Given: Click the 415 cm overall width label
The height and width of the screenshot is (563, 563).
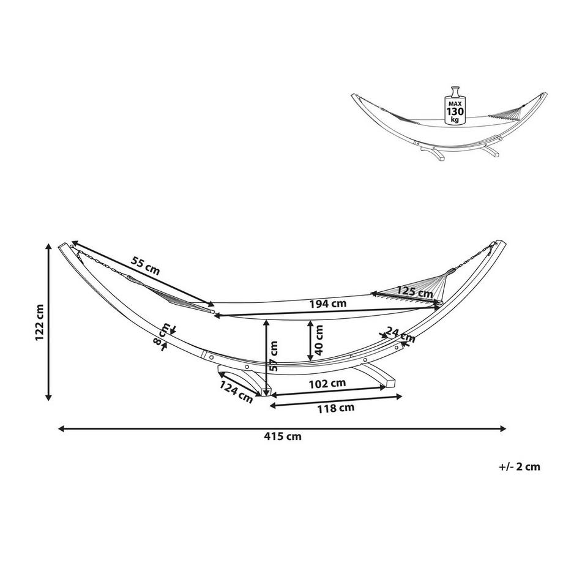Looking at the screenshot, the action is (283, 436).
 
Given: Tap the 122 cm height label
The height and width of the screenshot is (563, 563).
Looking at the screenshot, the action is (40, 323).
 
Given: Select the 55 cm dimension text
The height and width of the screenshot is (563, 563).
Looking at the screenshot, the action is (145, 266).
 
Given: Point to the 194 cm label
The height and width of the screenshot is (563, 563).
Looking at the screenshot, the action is (328, 304).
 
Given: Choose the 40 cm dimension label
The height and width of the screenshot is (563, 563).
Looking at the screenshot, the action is (319, 340).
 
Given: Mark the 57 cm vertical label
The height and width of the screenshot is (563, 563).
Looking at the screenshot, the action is (274, 356).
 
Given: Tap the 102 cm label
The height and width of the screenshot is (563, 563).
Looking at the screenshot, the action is (327, 384).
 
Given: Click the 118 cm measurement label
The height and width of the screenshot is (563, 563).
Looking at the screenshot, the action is (336, 408).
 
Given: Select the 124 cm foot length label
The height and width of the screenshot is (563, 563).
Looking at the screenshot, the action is (236, 392).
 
